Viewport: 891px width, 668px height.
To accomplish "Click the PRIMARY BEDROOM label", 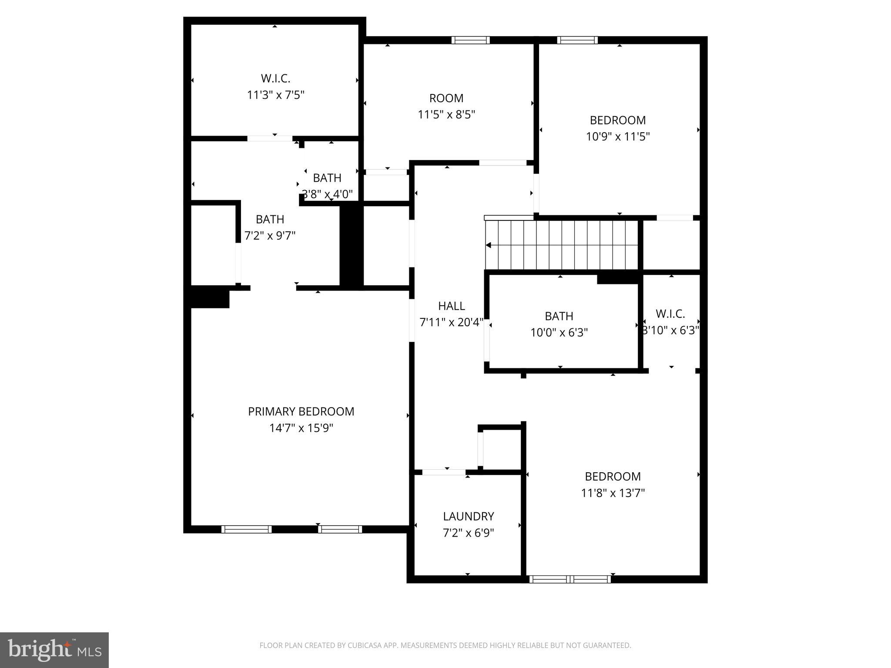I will [x=301, y=411].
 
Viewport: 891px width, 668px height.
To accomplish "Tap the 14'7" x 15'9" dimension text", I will [x=301, y=428].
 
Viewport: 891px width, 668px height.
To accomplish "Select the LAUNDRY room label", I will [x=468, y=516].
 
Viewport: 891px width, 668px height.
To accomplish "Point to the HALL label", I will [x=451, y=306].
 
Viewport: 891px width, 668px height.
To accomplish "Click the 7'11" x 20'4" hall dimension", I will [x=451, y=323].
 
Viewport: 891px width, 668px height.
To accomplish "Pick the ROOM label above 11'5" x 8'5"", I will [x=446, y=98].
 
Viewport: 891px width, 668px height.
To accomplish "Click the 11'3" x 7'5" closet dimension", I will [x=275, y=95].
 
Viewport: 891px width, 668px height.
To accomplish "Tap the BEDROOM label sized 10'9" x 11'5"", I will [x=617, y=120].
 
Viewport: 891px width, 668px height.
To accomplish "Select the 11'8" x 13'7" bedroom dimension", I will [x=613, y=493].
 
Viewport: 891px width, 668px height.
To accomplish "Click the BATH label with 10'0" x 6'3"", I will [x=559, y=316].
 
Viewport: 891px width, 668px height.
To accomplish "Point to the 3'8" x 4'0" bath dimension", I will [x=327, y=194].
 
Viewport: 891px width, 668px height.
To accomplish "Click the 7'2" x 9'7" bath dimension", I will [x=270, y=236].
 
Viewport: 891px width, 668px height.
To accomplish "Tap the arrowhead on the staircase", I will [x=489, y=245].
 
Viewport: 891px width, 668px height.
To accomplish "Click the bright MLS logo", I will [x=54, y=650].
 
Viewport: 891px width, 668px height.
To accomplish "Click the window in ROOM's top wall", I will [x=470, y=40].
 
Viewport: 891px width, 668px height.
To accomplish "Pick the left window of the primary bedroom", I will [x=246, y=529].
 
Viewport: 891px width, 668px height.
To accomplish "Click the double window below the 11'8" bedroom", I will [x=570, y=579].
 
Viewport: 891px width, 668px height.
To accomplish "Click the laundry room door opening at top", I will [x=443, y=472].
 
